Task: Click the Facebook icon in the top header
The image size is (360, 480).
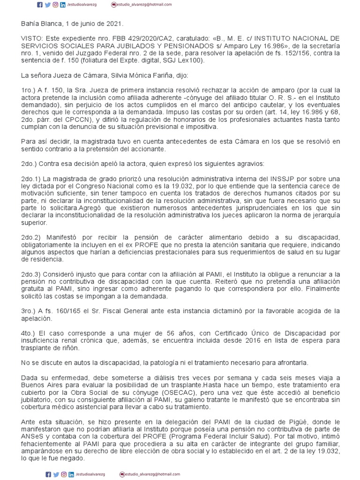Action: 40,4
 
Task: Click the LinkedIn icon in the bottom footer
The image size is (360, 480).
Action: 70,474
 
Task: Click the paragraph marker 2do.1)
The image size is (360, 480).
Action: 31,180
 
